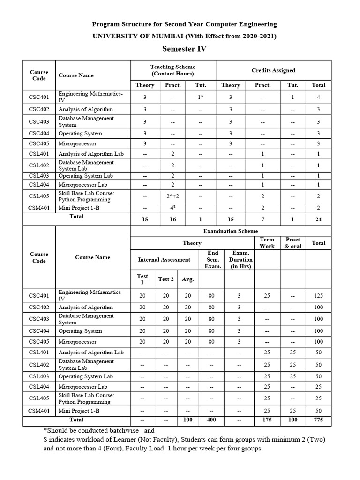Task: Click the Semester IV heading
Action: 184,49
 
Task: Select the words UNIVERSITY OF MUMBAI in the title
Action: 123,37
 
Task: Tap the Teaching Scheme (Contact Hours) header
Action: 172,70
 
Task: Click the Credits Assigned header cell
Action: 273,70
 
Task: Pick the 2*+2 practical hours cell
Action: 173,196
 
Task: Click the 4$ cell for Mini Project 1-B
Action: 173,208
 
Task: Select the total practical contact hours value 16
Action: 173,219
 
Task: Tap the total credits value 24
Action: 319,219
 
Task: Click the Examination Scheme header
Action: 230,231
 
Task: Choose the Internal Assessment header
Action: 164,259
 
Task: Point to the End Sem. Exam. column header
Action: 213,259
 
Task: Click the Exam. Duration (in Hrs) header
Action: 240,259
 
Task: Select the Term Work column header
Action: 267,243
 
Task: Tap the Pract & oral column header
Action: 293,243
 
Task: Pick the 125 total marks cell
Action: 319,296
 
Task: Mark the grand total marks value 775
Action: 319,420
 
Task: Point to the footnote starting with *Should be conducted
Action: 98,430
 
